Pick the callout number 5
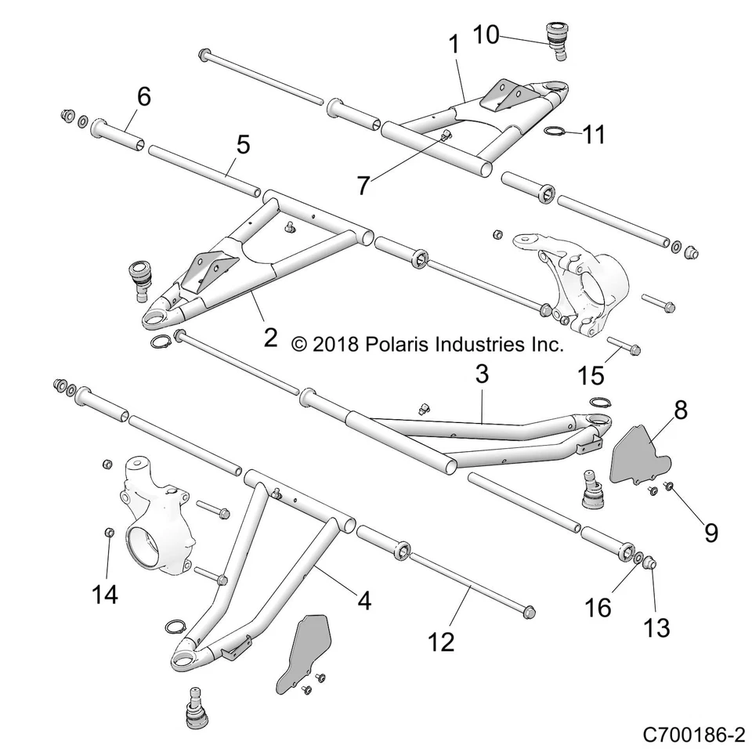(222, 144)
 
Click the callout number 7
(363, 186)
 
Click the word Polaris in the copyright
(395, 344)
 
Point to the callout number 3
(482, 374)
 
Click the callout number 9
(711, 533)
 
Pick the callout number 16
(598, 606)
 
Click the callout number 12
(441, 642)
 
